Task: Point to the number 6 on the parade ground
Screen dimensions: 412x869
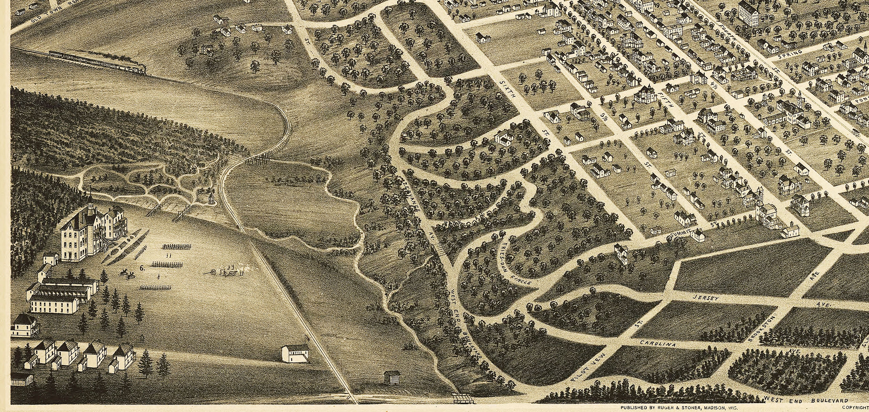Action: (x=142, y=268)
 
